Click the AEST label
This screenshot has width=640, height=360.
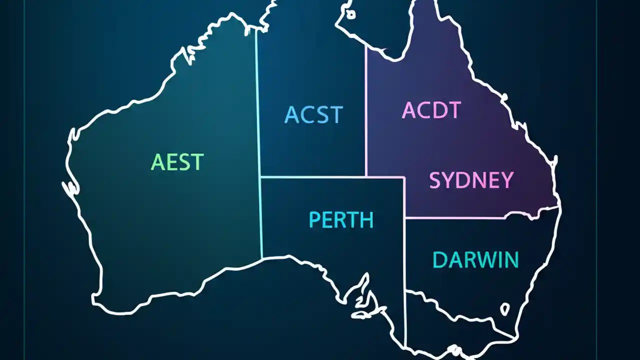point(177,162)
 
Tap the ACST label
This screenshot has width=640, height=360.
point(313,114)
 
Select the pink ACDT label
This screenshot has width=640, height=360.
point(430,110)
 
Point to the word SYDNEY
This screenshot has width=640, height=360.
point(471,180)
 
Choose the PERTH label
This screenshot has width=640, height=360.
point(341,220)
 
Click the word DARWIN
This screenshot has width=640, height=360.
point(475,260)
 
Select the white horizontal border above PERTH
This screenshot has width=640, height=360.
point(330,177)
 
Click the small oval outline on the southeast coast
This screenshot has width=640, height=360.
point(505,309)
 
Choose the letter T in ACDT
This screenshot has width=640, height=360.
point(453,110)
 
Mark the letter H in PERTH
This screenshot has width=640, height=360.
point(366,220)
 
